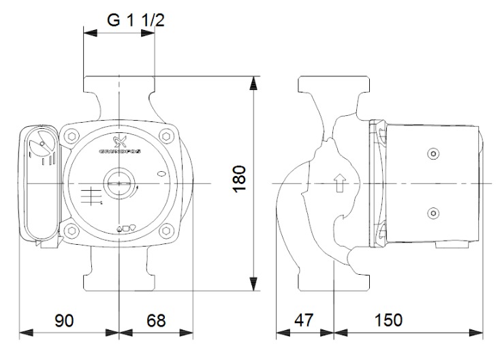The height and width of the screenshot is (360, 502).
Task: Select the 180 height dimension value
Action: point(239,179)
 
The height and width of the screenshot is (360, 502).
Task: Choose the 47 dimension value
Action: point(304,319)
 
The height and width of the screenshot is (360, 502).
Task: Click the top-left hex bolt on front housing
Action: point(70,136)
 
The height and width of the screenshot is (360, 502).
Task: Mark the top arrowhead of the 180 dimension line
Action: point(254,83)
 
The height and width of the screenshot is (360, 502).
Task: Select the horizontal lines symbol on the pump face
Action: point(89,193)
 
